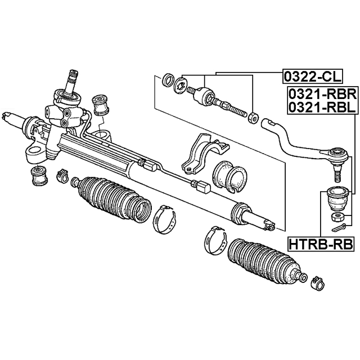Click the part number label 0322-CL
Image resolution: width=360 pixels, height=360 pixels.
(313, 76)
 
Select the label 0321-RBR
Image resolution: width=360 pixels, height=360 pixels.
(322, 94)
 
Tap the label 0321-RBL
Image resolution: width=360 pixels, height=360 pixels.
(322, 107)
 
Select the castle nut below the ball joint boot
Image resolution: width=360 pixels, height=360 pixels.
(338, 217)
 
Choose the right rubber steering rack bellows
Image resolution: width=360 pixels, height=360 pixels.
(266, 260)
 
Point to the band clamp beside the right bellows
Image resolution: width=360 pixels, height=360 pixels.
(215, 241)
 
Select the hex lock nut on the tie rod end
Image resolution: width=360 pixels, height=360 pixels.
(253, 117)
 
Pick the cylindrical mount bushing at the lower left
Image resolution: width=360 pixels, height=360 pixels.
(38, 175)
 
